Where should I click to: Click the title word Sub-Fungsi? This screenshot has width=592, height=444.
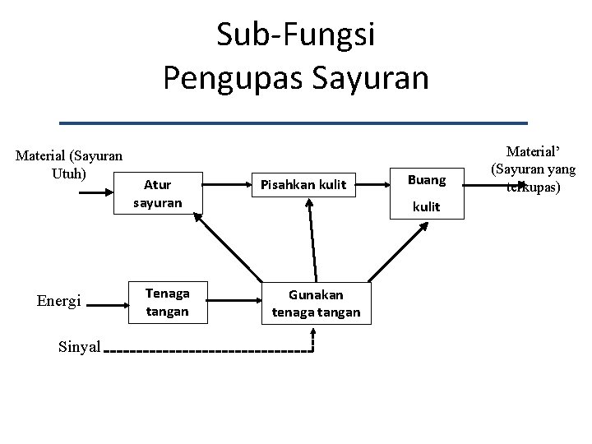295,35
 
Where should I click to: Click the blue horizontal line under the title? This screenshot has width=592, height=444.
305,123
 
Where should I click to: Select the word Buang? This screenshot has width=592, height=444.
426,179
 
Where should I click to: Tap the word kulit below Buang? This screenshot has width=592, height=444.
426,207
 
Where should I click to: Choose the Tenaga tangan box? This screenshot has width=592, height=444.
167,301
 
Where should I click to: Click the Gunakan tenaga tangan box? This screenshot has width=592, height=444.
317,302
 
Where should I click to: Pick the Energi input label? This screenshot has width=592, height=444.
58,302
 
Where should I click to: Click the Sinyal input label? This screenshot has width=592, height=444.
80,347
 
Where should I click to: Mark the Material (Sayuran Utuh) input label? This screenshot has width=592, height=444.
70,164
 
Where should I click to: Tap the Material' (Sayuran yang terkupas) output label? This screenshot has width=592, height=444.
533,169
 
